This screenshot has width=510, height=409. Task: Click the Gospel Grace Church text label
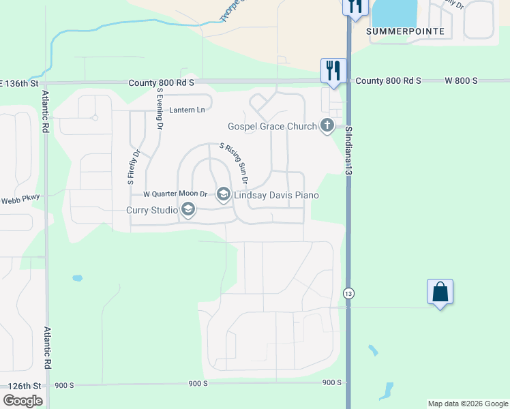272,126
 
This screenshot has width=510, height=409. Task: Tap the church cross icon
327,125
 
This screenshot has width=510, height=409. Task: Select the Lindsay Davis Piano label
276,196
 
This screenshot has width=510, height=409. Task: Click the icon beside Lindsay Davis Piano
223,195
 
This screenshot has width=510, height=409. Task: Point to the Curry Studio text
152,210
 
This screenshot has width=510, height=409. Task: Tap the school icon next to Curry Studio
188,210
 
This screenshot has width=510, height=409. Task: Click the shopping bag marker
440,292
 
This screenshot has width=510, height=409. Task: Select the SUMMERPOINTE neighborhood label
405,31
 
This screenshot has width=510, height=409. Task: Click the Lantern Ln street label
187,110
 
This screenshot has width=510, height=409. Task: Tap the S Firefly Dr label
131,167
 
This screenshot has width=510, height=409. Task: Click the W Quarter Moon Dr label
175,195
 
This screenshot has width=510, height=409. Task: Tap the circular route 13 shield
349,292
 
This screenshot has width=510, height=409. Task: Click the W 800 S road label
461,80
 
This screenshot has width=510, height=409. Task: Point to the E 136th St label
18,83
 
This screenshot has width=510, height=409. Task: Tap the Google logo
22,401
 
